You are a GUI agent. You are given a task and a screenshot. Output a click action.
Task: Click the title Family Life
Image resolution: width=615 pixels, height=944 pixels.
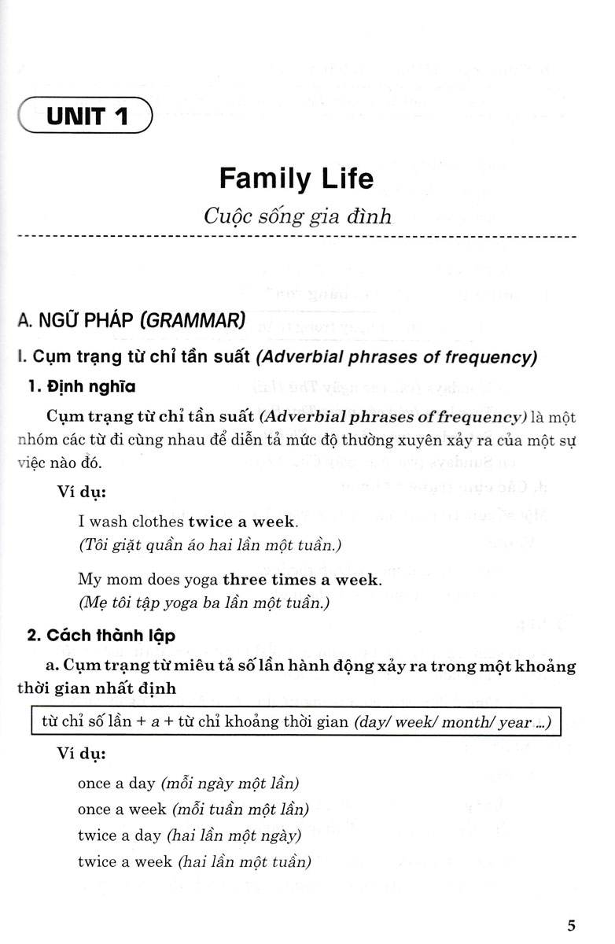click(x=296, y=178)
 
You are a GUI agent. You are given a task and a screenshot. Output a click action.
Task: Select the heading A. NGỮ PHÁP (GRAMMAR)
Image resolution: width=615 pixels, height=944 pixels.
click(x=131, y=321)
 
